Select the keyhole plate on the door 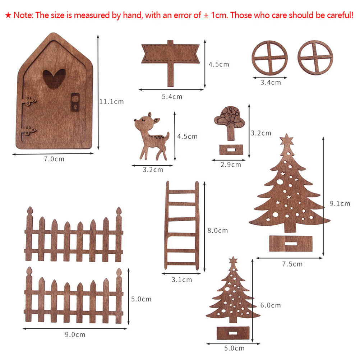[75, 102]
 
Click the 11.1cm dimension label [111, 101]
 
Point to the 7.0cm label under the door [54, 159]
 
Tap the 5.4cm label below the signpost [172, 97]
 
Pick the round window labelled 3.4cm [269, 58]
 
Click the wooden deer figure [152, 136]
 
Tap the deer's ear [156, 120]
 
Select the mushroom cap [229, 116]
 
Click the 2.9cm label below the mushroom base [231, 165]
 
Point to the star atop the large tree [287, 139]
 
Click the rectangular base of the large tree [291, 243]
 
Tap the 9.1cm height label [340, 203]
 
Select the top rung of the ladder [182, 191]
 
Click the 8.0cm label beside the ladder [218, 231]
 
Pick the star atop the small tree [233, 260]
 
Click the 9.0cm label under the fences [75, 334]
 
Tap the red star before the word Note [8, 15]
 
